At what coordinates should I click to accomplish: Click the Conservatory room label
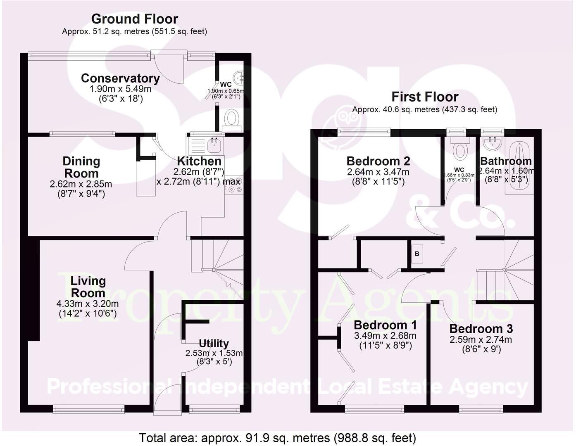click(x=120, y=78)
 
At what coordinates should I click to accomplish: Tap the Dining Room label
click(x=81, y=167)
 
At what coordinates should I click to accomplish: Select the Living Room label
click(x=88, y=287)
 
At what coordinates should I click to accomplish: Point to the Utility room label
click(x=214, y=344)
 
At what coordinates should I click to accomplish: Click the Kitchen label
click(x=199, y=161)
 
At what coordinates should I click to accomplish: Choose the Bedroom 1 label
click(x=385, y=325)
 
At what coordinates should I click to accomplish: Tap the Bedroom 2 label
click(x=378, y=161)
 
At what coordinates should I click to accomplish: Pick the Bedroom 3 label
click(x=481, y=329)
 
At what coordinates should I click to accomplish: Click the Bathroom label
click(x=506, y=161)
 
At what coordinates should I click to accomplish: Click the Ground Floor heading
click(x=135, y=19)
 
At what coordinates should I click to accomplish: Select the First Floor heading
click(x=425, y=97)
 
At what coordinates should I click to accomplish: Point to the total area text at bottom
click(x=277, y=438)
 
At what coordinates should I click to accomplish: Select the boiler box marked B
click(x=417, y=254)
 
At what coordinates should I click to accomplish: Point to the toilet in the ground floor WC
click(x=232, y=118)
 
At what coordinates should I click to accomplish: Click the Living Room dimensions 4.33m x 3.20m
click(x=88, y=304)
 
